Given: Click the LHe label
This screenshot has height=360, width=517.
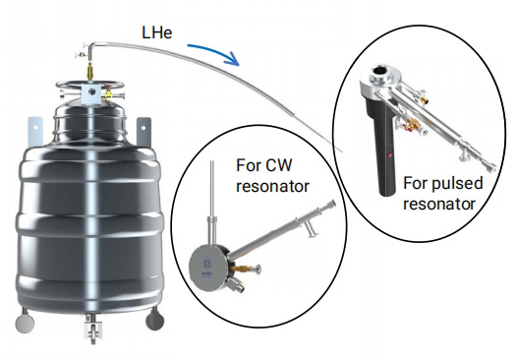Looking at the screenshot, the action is [x=157, y=33].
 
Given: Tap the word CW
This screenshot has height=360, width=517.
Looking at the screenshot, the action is [x=278, y=165].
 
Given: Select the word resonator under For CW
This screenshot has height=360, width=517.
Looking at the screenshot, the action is [x=272, y=186].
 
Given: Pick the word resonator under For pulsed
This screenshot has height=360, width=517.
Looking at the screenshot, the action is [x=439, y=204].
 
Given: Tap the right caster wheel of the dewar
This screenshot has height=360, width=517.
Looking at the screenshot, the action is [x=154, y=320].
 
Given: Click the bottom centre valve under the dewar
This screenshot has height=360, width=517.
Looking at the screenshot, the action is [x=92, y=329].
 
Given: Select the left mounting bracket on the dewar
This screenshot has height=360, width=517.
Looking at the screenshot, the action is [x=35, y=132].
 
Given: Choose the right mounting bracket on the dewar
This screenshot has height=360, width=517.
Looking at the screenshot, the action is [x=144, y=132].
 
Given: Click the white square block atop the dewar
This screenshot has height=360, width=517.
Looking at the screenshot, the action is [x=91, y=94].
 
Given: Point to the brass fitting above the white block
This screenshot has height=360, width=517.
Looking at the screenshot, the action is [x=90, y=72].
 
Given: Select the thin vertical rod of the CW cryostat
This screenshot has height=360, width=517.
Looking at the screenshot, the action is [x=211, y=189].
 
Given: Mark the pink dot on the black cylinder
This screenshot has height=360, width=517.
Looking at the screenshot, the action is [x=390, y=154].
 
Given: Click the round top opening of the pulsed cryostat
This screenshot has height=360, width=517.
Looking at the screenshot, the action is [x=379, y=70].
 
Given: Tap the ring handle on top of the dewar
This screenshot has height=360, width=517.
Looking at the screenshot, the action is [x=89, y=86].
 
